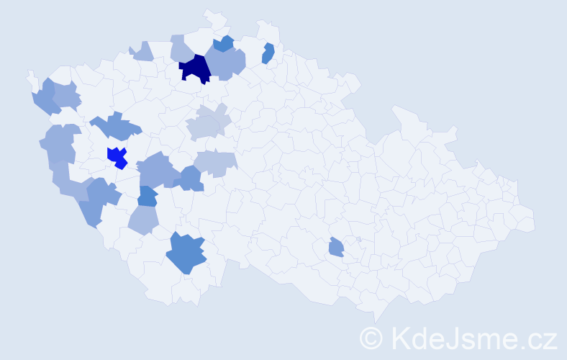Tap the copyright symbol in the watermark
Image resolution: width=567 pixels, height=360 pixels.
coord(371,338)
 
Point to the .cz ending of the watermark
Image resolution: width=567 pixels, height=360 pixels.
coord(537,338)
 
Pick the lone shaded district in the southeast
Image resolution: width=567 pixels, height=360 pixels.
coord(336,248)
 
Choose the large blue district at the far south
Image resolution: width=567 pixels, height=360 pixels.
coord(186,254)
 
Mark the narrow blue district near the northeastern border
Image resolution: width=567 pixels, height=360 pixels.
coord(268,53)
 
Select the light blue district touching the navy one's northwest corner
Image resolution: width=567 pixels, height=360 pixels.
coord(182,49)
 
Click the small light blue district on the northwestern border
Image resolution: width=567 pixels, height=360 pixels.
coord(142,51)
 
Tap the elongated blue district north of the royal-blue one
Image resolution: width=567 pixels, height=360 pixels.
coord(115,127)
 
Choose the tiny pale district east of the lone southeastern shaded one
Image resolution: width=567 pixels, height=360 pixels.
coord(358,239)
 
